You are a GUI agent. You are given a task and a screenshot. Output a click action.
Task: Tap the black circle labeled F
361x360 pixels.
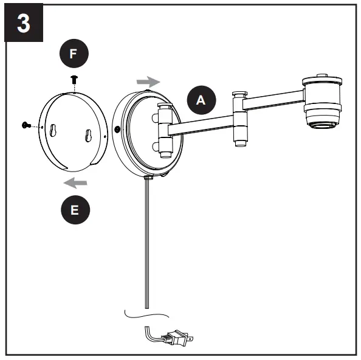pyautogui.click(x=73, y=54)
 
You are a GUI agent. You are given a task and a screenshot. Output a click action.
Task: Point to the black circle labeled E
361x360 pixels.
pyautogui.click(x=74, y=210)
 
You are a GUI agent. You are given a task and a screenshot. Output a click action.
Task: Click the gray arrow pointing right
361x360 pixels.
pyautogui.click(x=148, y=81)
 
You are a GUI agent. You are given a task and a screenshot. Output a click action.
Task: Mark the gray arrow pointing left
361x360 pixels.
pyautogui.click(x=76, y=182)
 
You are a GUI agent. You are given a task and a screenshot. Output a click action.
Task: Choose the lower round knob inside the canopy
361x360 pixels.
pyautogui.click(x=163, y=147)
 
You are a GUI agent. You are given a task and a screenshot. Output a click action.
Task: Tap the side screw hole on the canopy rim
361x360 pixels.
pyautogui.click(x=117, y=130)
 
